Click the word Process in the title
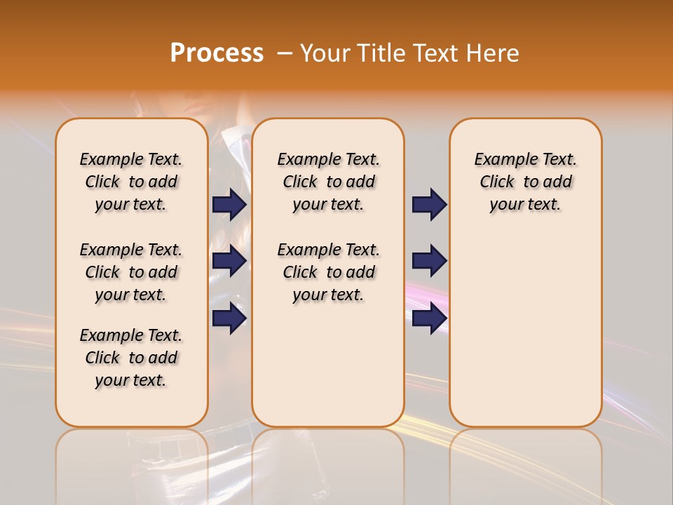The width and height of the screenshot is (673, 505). click(x=217, y=53)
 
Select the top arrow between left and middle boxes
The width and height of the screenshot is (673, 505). click(x=229, y=205)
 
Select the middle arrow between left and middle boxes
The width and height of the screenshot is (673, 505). click(x=229, y=261)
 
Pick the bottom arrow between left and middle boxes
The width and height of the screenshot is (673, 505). click(x=229, y=318)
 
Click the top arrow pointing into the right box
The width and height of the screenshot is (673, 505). click(x=429, y=205)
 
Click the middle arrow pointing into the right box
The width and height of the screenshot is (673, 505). click(x=429, y=261)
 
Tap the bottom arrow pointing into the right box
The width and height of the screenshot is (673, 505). click(x=429, y=318)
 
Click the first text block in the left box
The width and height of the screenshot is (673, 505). click(x=131, y=182)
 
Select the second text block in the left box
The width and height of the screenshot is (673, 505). click(x=131, y=272)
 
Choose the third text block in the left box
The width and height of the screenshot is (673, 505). click(x=131, y=358)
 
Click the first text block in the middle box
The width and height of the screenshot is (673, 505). click(x=328, y=182)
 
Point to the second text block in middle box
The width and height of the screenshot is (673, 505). click(x=328, y=272)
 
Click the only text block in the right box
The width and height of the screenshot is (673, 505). click(x=525, y=182)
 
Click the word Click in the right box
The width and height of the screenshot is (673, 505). click(x=497, y=182)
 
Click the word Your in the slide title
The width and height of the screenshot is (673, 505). click(x=325, y=53)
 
